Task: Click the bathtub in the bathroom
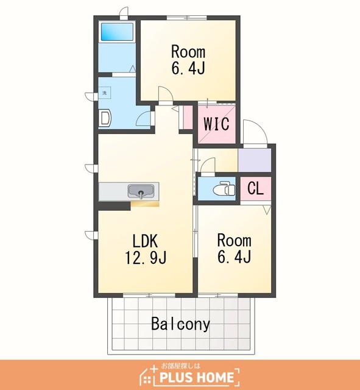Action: click(x=117, y=32)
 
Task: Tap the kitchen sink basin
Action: click(x=141, y=191)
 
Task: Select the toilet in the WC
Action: click(x=224, y=189)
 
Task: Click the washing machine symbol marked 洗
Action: click(x=105, y=93)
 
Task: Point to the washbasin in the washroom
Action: click(x=105, y=118)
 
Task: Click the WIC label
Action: click(x=216, y=124)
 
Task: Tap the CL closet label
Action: click(x=255, y=188)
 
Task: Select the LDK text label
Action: click(x=145, y=241)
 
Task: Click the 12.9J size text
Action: click(x=146, y=257)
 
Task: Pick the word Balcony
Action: click(x=181, y=324)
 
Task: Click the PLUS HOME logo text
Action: click(x=197, y=377)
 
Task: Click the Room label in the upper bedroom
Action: click(x=188, y=52)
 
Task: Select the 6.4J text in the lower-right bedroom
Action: click(x=234, y=257)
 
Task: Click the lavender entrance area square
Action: click(x=255, y=160)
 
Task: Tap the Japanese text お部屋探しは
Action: click(x=181, y=366)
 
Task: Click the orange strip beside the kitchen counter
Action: click(x=145, y=204)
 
